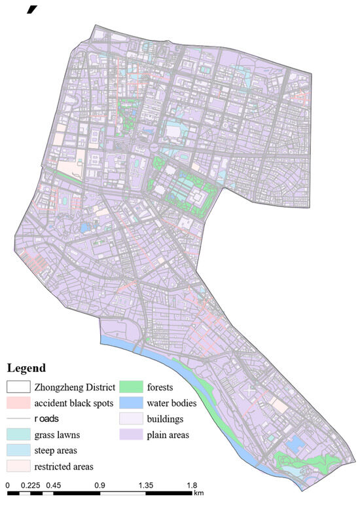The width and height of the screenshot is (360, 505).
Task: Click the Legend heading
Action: (26, 368)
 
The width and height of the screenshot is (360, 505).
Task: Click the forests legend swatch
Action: (131, 386)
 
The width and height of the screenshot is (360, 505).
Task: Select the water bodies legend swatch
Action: (131, 402)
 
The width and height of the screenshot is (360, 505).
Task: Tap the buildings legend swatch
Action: (131, 419)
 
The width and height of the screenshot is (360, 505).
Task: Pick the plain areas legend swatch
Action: (131, 434)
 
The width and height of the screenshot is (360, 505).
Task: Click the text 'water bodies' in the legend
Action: (172, 403)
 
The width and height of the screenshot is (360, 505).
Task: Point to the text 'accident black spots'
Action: (75, 403)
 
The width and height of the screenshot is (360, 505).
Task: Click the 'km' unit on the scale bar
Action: (199, 493)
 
